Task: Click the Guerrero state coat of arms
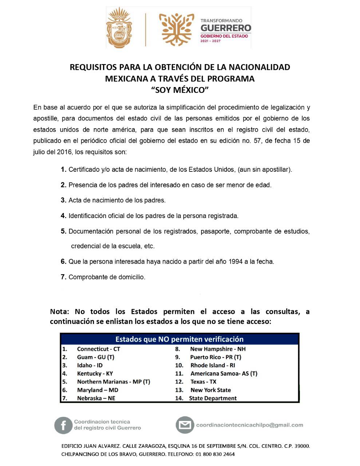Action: pos(119,28)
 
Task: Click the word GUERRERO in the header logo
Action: pos(226,28)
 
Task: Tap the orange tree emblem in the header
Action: pos(178,28)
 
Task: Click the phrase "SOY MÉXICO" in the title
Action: pos(180,90)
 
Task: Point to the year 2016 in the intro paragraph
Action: pos(64,152)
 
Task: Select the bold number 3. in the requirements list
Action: pos(63,200)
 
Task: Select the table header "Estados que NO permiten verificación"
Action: pos(179,339)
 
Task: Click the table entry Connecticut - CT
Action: pos(98,349)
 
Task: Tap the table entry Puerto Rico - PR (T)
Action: pos(215,357)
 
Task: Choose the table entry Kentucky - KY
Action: pos(95,374)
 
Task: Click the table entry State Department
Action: pos(213,398)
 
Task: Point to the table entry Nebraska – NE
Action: pos(96,398)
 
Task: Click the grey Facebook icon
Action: pos(63,425)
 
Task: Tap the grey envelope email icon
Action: pos(185,425)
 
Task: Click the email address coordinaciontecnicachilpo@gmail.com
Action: pos(249,425)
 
